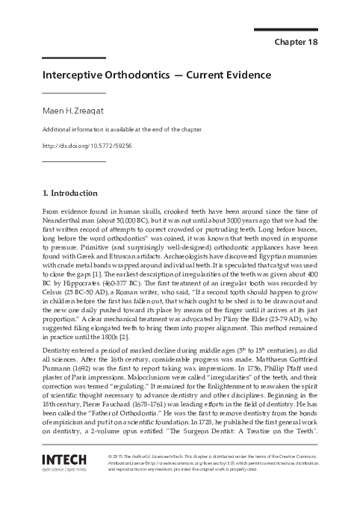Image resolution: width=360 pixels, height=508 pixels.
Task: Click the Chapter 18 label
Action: [x=297, y=42]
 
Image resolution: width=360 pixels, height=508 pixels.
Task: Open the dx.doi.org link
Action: [x=87, y=145]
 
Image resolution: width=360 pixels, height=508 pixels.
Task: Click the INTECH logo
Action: [x=65, y=457]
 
